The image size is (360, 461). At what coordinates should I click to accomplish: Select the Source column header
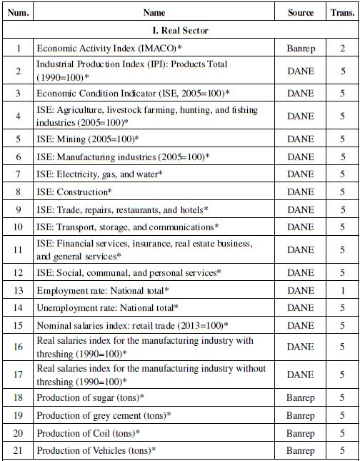tap(300, 13)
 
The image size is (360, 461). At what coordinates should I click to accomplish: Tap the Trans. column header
tap(342, 13)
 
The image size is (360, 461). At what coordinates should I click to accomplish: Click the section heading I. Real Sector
tap(179, 31)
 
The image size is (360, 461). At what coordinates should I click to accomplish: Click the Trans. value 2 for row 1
tap(342, 48)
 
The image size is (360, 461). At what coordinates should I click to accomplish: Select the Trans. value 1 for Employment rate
tap(342, 290)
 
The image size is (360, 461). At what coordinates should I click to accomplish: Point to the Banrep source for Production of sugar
tap(300, 397)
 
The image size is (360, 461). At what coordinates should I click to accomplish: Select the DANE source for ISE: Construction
tap(300, 192)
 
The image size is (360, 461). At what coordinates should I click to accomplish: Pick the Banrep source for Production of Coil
tap(300, 432)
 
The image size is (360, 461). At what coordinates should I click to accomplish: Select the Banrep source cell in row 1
tap(300, 48)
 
